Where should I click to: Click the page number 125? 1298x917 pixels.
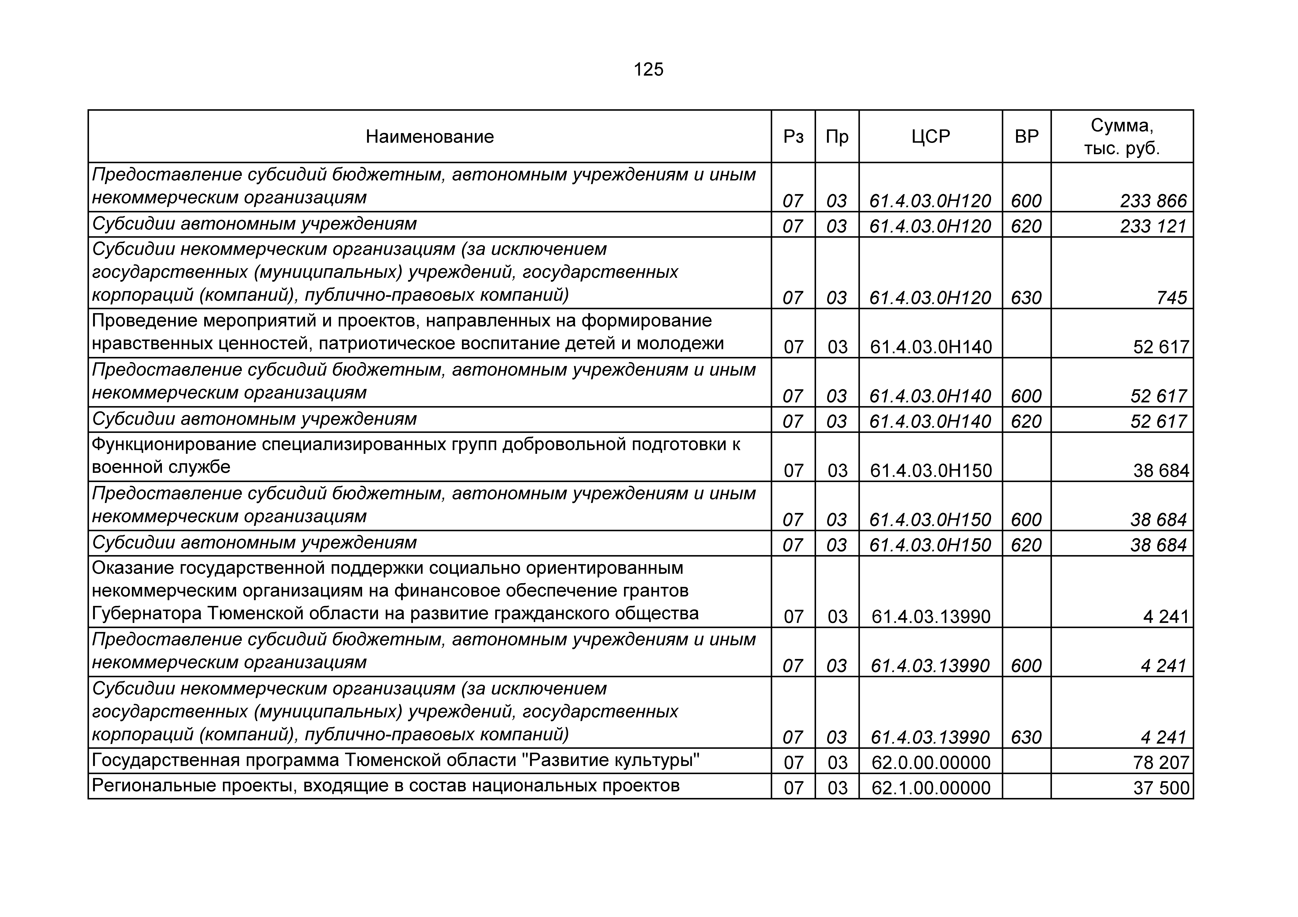[648, 70]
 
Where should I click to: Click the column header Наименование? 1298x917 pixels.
[430, 137]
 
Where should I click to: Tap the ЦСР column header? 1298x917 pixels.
[931, 137]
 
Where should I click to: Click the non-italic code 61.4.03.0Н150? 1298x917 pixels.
[931, 471]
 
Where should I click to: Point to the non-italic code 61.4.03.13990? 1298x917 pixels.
[931, 616]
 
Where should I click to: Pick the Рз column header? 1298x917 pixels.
[793, 137]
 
